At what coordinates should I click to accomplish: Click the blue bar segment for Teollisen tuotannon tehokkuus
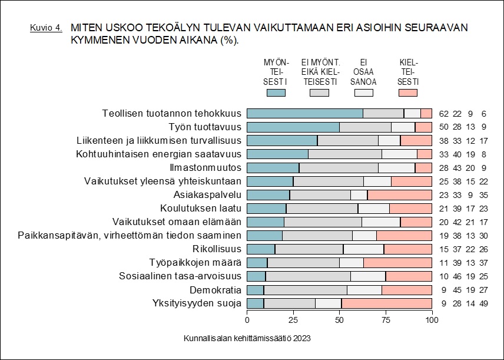pos(304,114)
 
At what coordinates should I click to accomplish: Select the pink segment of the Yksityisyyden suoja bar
pos(387,303)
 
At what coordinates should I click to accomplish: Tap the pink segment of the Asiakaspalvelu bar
pos(400,195)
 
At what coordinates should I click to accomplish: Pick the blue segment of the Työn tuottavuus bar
pos(293,127)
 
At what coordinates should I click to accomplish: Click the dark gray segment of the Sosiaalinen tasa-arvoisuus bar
pos(308,276)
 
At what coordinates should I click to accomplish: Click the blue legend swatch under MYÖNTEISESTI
pos(276,92)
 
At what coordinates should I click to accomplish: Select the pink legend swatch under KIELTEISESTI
pos(408,92)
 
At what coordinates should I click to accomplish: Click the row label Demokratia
pos(215,290)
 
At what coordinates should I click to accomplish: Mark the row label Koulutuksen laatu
pos(201,209)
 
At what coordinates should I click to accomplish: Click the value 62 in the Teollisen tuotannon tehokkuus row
pos(443,114)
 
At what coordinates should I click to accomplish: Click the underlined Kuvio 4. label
pos(46,28)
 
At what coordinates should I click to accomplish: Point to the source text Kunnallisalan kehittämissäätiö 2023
pos(247,339)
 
